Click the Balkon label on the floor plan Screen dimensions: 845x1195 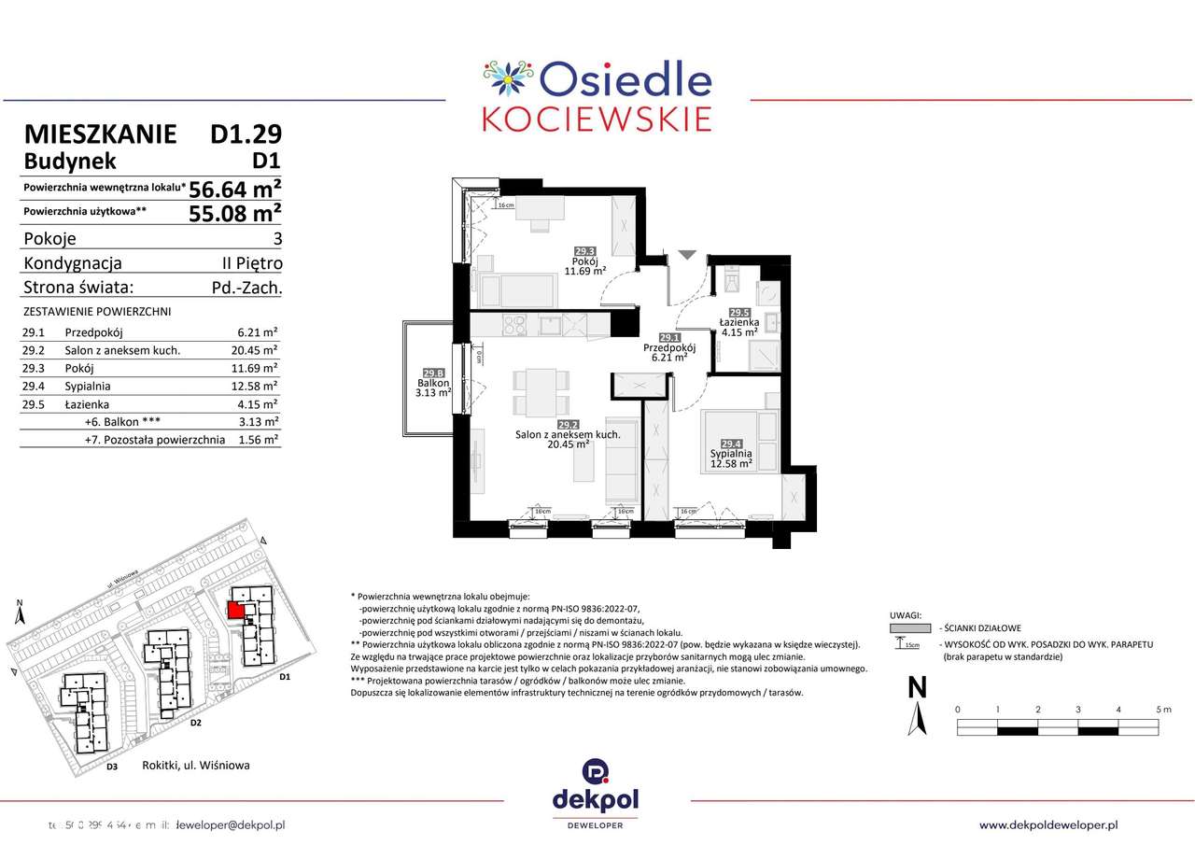tap(434, 383)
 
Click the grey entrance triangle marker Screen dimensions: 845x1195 tap(687, 254)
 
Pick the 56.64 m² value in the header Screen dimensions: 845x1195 tap(235, 189)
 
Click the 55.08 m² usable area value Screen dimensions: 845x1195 tap(235, 213)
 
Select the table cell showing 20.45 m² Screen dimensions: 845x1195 tap(257, 350)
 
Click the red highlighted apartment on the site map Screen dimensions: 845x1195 tap(236, 609)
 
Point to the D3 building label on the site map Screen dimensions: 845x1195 tap(111, 767)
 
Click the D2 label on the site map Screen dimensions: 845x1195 tap(195, 723)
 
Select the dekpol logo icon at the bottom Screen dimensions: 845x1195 tap(597, 772)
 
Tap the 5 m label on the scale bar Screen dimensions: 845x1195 tap(1162, 710)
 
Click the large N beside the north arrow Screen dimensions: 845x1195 tap(917, 688)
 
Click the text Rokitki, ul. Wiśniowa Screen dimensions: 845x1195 tap(196, 766)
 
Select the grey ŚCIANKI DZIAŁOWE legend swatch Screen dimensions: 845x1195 tap(905, 628)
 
